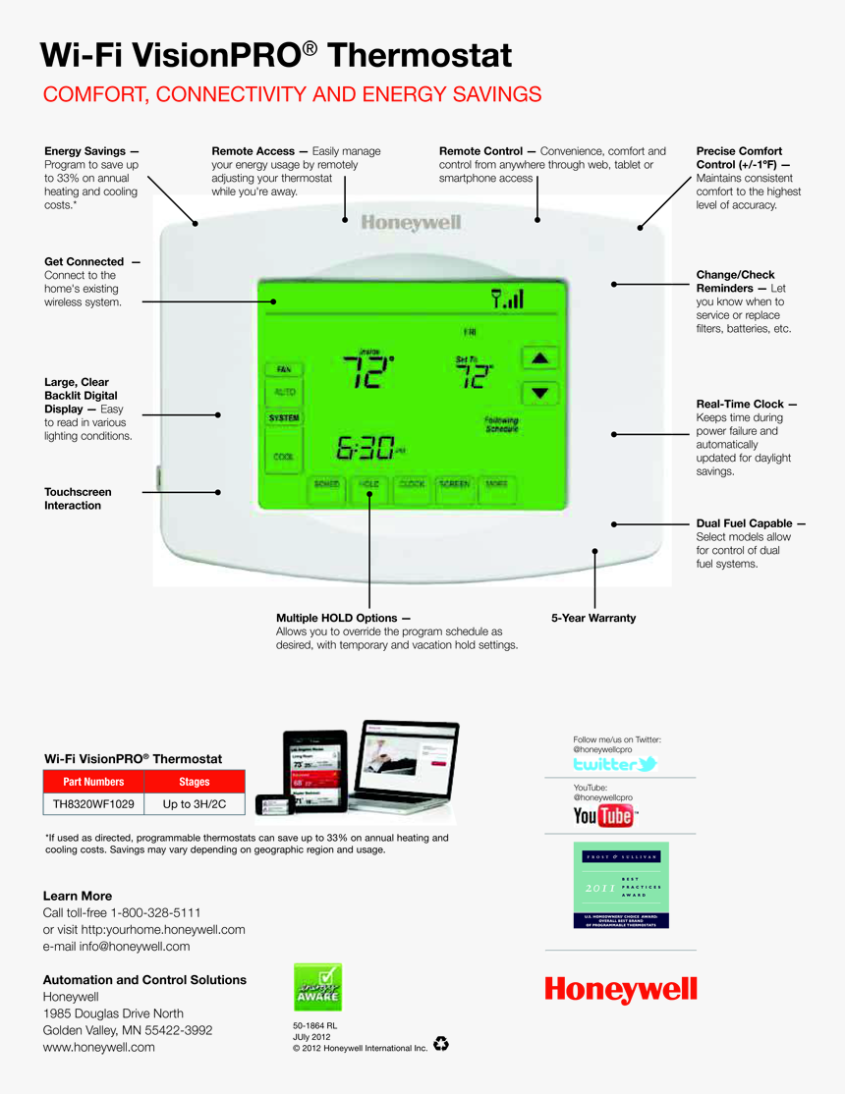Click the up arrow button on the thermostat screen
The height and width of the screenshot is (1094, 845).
[x=538, y=358]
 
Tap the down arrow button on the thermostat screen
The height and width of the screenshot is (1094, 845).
[x=538, y=394]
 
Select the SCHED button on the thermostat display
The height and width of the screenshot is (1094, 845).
[x=326, y=484]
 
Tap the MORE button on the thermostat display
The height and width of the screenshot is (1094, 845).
[x=495, y=484]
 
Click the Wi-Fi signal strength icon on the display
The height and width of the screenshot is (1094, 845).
[x=507, y=299]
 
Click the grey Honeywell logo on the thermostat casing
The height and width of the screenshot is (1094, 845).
[x=411, y=223]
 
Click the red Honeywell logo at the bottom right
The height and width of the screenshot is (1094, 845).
[x=621, y=989]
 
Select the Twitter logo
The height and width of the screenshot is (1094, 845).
[x=614, y=764]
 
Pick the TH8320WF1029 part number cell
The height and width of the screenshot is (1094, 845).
[x=93, y=804]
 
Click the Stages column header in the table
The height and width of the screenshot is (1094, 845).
[x=195, y=782]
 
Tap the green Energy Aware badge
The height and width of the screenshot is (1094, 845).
[x=318, y=987]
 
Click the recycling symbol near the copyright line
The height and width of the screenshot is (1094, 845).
[x=441, y=1043]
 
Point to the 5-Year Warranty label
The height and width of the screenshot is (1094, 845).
[x=593, y=618]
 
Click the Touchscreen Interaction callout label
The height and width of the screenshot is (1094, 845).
[x=78, y=499]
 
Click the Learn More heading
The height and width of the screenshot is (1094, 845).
[x=78, y=896]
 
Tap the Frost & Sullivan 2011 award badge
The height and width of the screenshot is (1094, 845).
[x=621, y=885]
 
